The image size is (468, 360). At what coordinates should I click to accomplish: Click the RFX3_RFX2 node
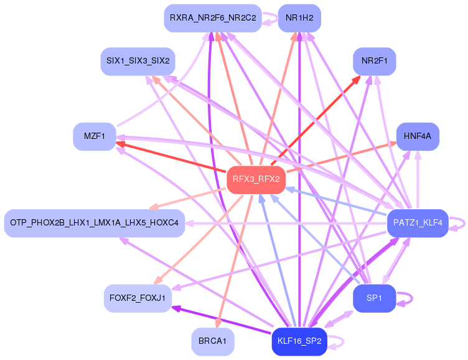[x=256, y=179]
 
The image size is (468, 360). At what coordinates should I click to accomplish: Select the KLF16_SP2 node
[x=299, y=341]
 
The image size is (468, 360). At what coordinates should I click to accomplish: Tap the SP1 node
[x=374, y=298]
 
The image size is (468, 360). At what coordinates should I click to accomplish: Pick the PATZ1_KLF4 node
[x=418, y=223]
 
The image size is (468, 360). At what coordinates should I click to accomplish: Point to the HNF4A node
[x=418, y=136]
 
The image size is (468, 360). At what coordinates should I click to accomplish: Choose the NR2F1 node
[x=374, y=61]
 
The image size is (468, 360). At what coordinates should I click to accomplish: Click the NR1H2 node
[x=299, y=17]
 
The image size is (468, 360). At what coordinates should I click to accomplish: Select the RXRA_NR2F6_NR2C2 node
[x=212, y=17]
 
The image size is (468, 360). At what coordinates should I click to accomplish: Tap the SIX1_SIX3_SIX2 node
[x=138, y=61]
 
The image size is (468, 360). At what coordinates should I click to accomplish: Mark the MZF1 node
[x=94, y=136]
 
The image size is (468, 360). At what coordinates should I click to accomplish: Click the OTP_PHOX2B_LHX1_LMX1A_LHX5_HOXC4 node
[x=94, y=223]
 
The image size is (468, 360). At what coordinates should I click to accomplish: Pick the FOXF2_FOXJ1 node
[x=138, y=298]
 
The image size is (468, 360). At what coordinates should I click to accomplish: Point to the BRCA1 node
[x=212, y=341]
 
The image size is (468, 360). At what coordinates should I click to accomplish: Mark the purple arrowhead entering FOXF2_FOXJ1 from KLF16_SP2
[x=175, y=308]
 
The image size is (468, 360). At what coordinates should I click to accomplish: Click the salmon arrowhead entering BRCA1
[x=217, y=323]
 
